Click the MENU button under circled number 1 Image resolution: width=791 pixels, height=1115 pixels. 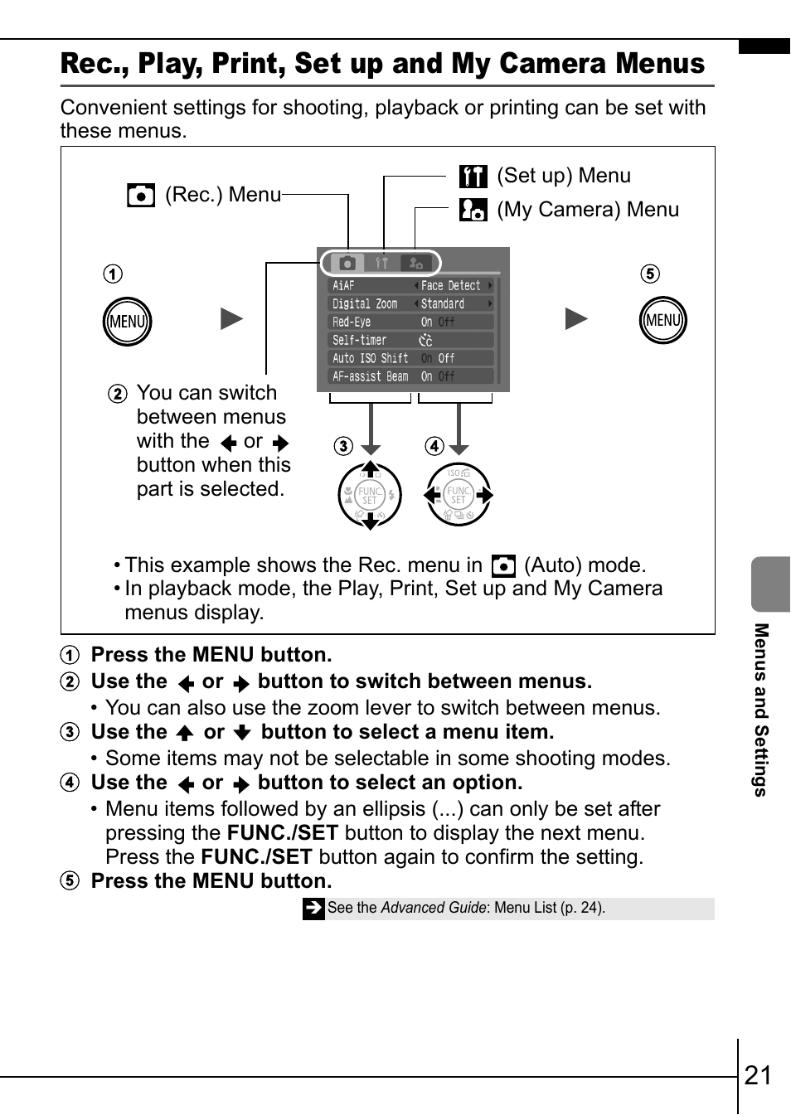click(127, 322)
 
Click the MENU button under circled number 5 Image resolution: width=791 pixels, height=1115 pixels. click(663, 321)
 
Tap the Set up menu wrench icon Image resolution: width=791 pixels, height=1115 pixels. click(473, 177)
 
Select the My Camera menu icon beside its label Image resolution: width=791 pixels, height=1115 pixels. click(473, 210)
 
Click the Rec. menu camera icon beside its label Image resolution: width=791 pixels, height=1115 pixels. click(141, 196)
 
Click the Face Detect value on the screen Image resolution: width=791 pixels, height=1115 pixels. click(451, 286)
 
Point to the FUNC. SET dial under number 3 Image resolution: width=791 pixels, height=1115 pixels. click(370, 496)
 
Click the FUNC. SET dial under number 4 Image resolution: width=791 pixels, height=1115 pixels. click(459, 496)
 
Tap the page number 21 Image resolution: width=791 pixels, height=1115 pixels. click(758, 1075)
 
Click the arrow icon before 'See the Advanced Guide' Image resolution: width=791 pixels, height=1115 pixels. click(313, 909)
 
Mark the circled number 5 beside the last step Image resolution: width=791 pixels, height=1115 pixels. click(70, 881)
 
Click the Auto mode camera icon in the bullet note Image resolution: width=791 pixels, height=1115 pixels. click(503, 566)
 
